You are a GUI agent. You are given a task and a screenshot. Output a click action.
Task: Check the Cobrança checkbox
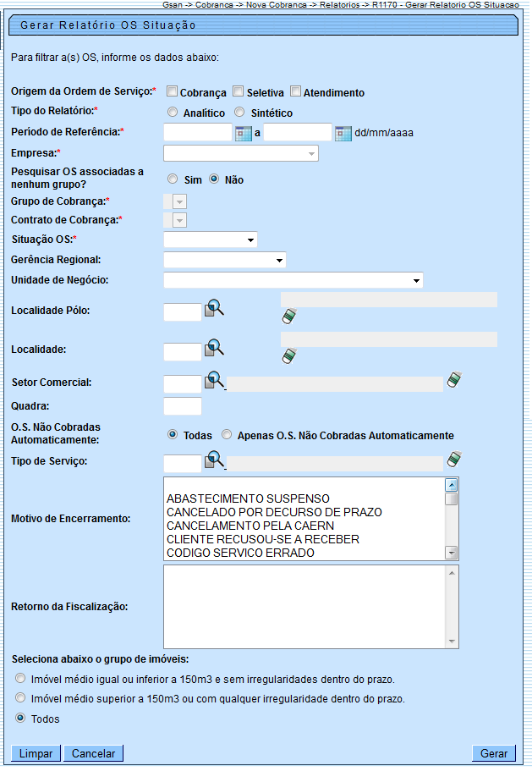(172, 92)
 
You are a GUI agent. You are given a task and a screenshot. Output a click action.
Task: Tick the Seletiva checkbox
(239, 92)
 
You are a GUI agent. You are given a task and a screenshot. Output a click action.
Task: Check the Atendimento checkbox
(295, 92)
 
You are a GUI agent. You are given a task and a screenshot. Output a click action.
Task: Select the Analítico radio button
(173, 113)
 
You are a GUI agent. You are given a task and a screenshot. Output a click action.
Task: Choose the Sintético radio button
(240, 113)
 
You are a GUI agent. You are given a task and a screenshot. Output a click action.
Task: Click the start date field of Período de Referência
(197, 133)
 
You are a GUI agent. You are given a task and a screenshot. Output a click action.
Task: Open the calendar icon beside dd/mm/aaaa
(343, 133)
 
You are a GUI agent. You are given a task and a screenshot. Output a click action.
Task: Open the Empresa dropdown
(241, 153)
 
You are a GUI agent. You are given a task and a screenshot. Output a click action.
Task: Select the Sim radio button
(173, 179)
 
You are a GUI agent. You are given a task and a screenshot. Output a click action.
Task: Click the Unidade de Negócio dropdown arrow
(417, 280)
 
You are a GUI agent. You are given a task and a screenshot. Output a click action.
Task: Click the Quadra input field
(182, 406)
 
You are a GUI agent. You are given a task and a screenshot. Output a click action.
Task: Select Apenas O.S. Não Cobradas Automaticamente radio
(227, 435)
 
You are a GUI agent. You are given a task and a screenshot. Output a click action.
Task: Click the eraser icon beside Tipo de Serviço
(454, 460)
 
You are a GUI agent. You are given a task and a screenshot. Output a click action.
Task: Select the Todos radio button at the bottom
(20, 719)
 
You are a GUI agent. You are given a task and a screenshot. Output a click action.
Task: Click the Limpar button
(36, 753)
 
